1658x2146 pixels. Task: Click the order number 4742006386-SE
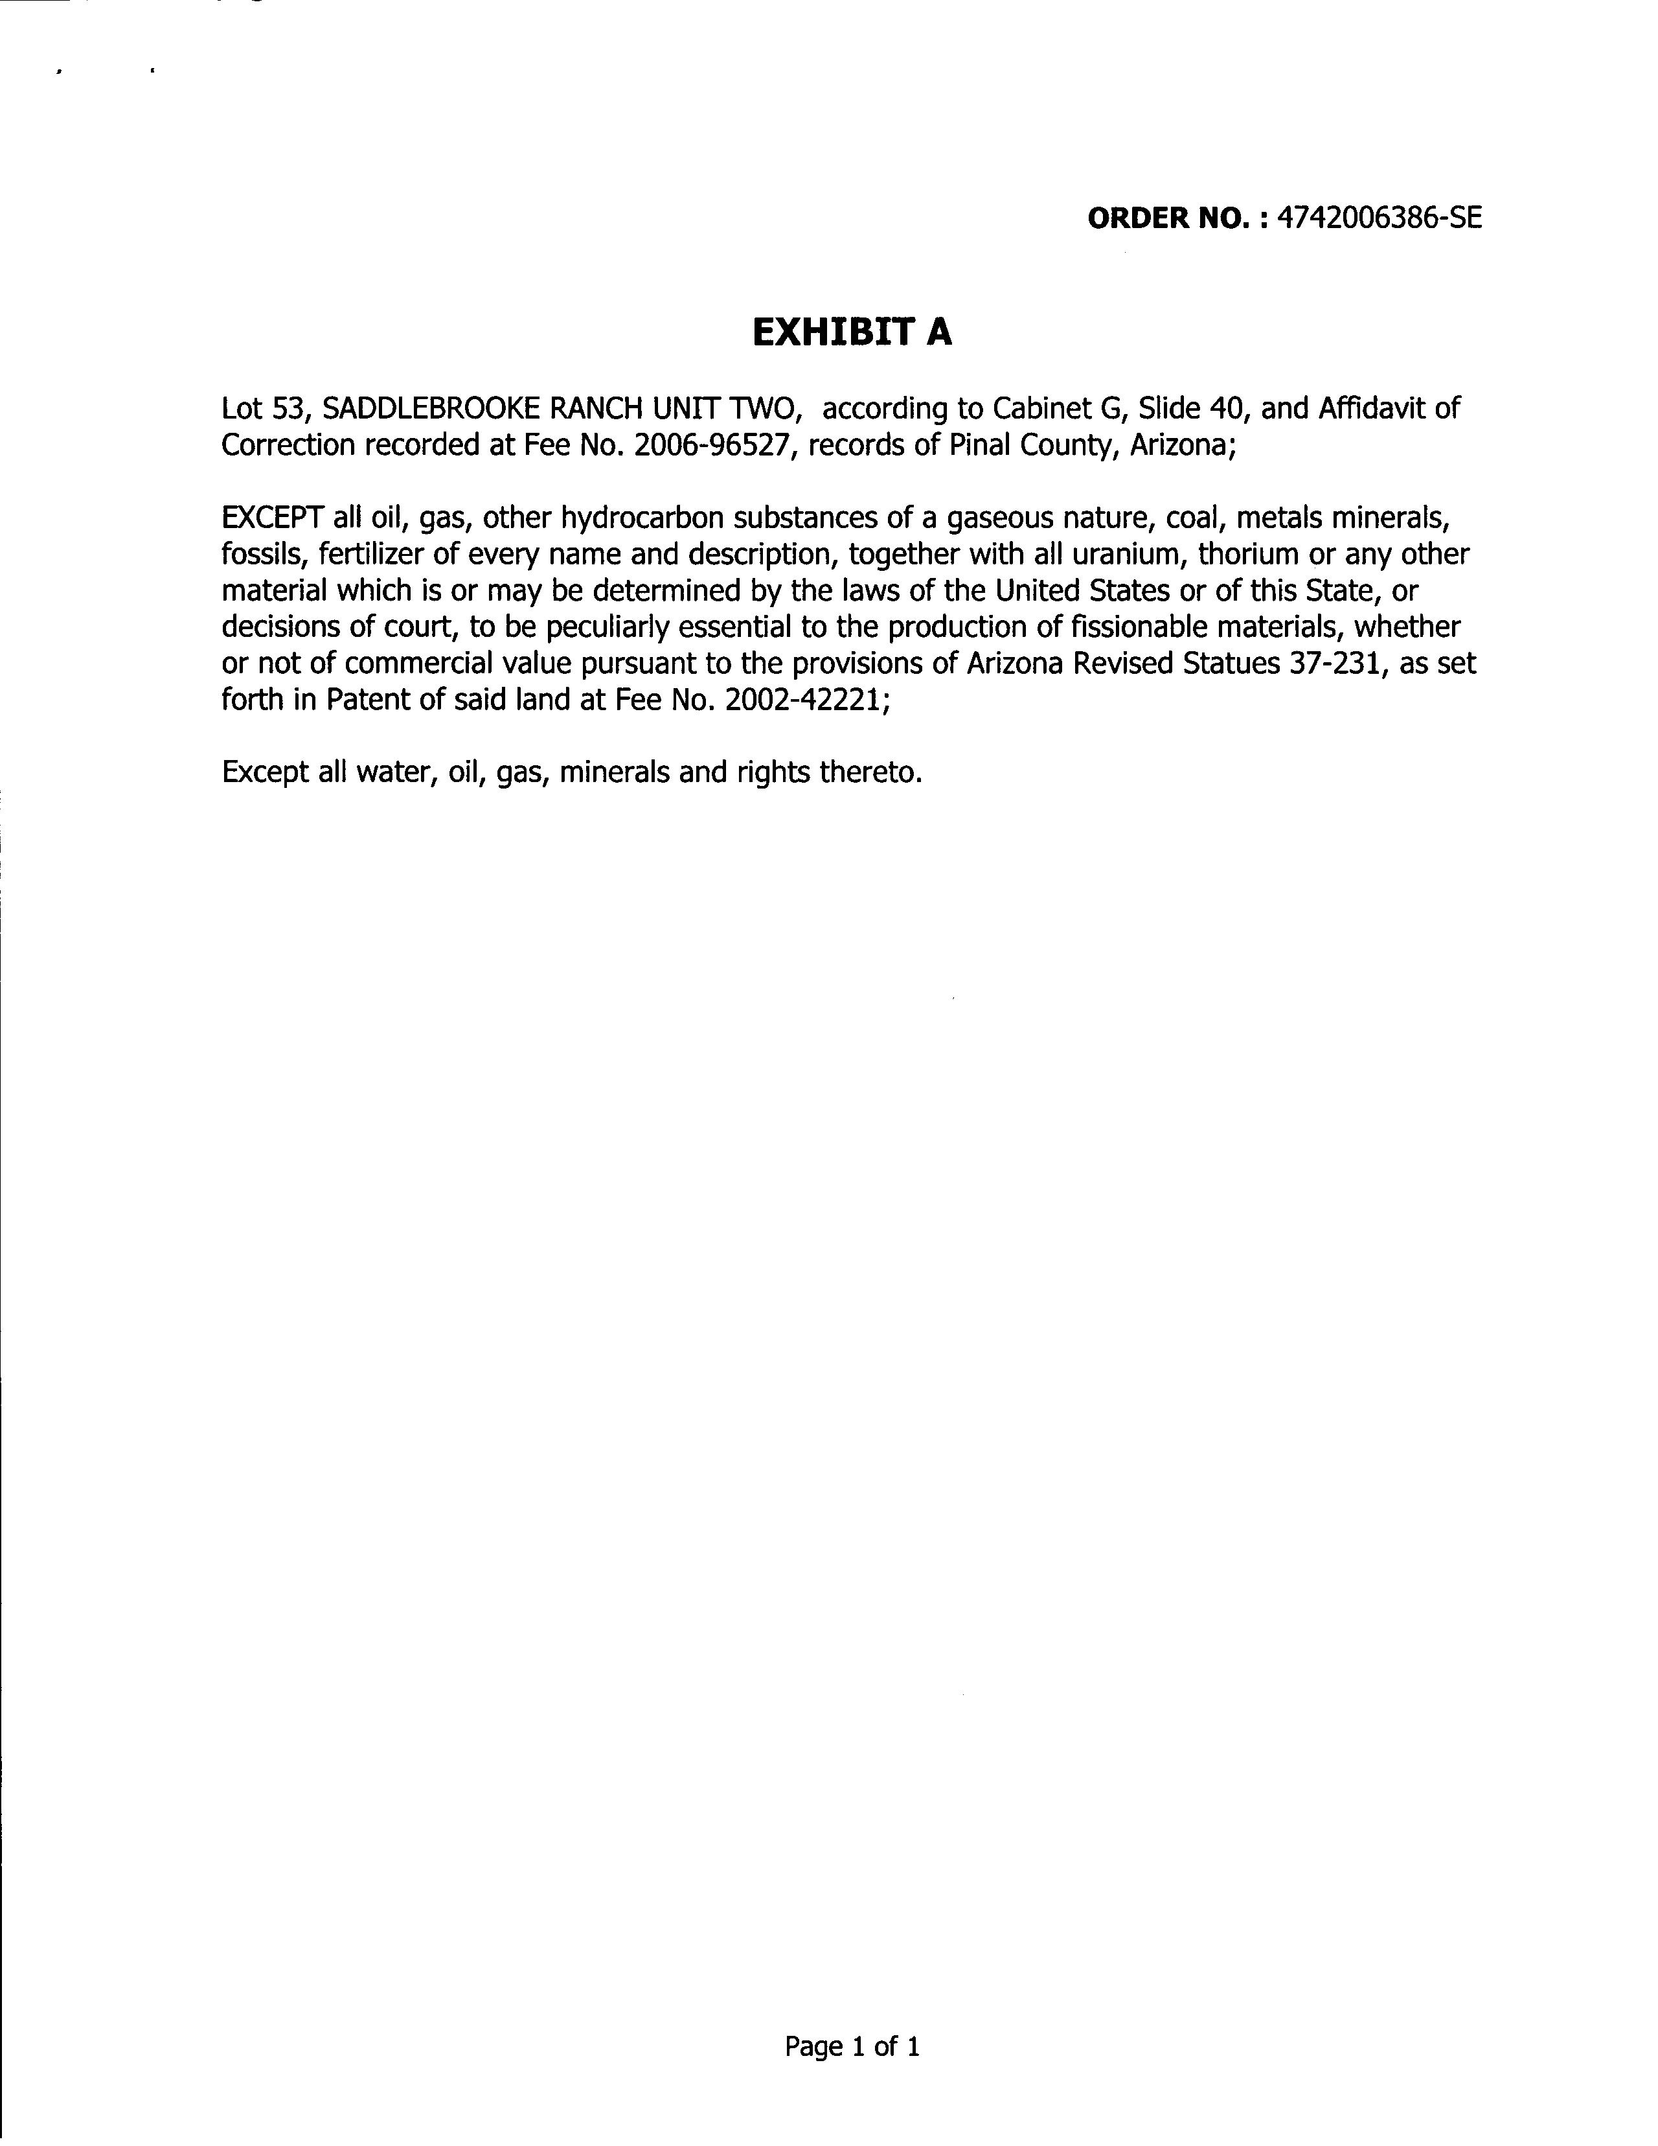1377,217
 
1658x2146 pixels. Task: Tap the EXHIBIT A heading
852,333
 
